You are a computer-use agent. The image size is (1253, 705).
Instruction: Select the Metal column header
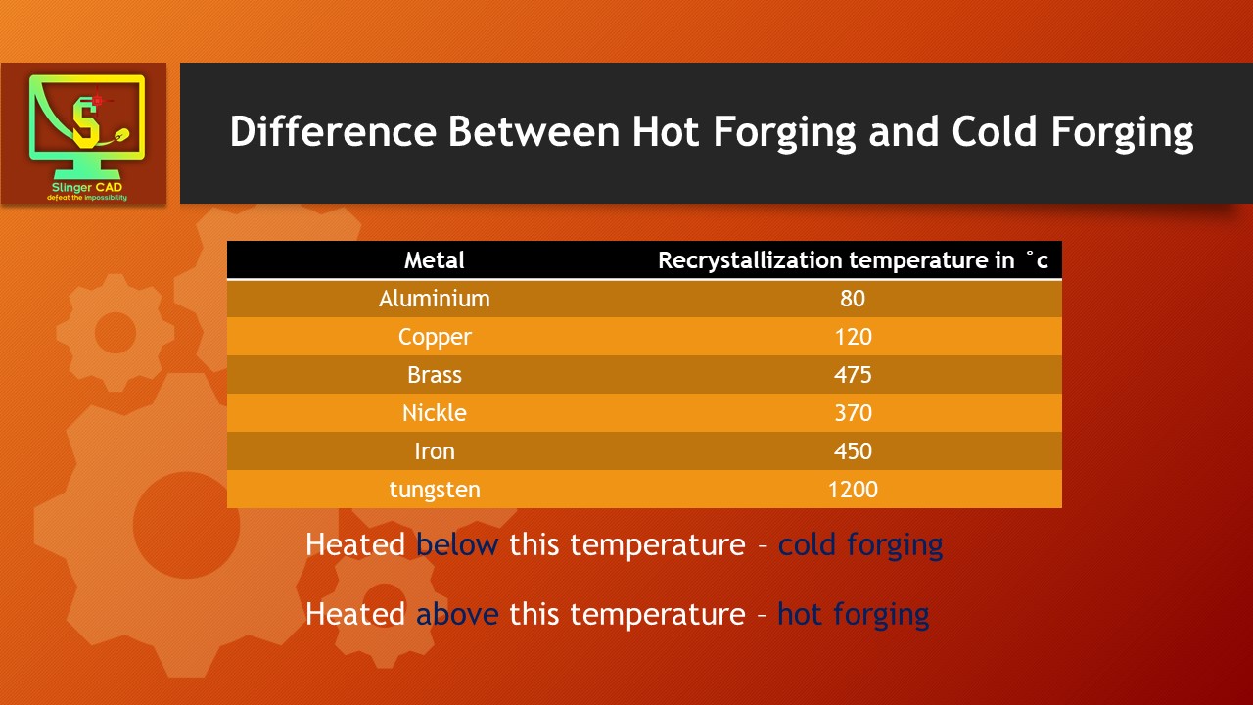435,260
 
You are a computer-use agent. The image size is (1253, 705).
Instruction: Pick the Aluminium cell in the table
435,299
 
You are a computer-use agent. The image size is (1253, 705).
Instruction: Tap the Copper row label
435,337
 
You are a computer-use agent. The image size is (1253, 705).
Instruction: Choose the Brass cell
435,375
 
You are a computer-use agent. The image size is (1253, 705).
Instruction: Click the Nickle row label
435,413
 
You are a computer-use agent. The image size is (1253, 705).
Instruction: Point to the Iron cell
435,451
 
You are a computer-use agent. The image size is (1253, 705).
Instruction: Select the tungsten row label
435,490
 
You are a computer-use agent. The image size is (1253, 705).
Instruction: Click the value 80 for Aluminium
853,299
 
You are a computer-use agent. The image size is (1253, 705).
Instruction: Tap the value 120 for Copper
853,337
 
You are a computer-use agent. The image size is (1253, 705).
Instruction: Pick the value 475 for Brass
853,375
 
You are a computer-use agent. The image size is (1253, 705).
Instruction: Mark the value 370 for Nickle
853,413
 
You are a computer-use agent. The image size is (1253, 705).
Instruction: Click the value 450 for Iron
853,451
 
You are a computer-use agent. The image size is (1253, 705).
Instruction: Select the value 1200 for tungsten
853,490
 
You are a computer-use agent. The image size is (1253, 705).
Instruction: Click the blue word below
457,544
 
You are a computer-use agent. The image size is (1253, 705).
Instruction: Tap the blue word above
457,614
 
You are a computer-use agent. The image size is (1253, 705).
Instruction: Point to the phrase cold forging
860,544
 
